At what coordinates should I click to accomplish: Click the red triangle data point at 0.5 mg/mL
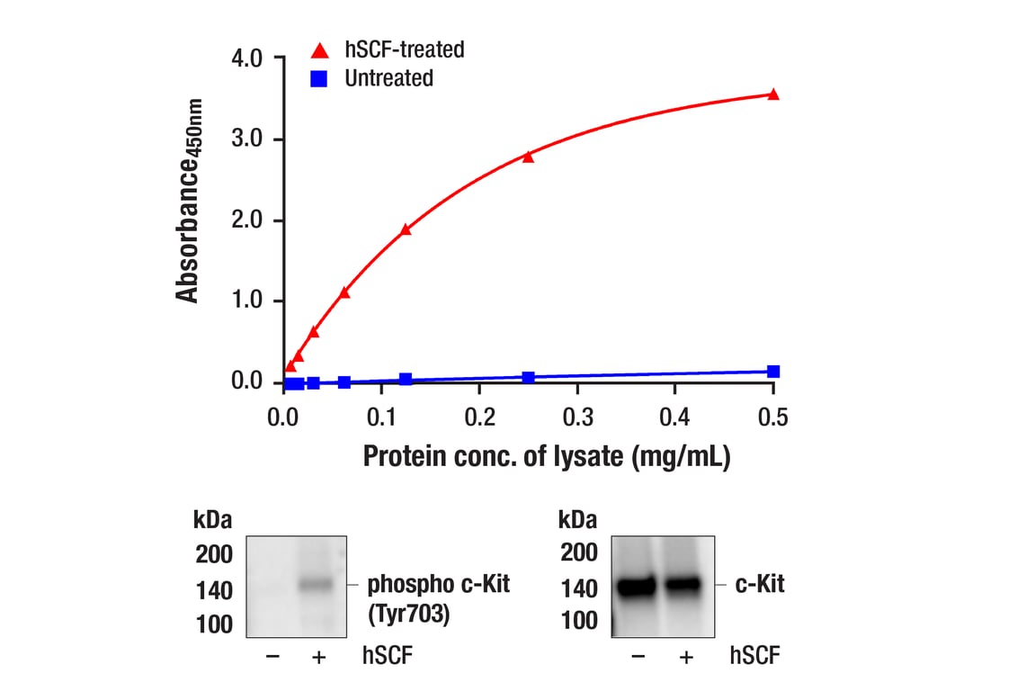point(773,94)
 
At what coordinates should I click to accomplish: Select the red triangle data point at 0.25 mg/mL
point(528,157)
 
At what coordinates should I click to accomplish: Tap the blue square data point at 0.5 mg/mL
point(773,371)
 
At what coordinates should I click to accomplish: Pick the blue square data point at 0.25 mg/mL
point(528,377)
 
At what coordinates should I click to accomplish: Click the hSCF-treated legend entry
point(388,50)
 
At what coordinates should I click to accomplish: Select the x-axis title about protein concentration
point(546,456)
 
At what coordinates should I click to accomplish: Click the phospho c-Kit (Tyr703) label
point(438,598)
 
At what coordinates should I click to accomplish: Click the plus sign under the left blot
point(317,658)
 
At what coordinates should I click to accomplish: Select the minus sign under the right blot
point(638,658)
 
